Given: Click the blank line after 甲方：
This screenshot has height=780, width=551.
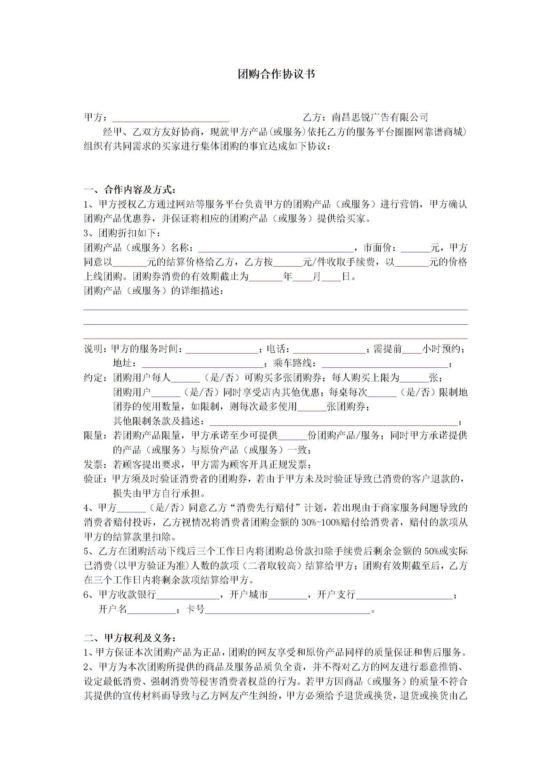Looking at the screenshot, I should click(171, 117).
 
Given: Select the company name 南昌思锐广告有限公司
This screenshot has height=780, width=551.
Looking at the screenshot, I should click(380, 117).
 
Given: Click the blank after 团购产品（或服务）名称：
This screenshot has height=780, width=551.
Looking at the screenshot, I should click(276, 248).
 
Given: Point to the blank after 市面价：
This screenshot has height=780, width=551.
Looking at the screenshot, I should click(416, 248).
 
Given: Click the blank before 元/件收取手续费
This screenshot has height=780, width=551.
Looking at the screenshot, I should click(288, 262).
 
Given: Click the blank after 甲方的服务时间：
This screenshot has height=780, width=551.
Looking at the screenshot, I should click(222, 349).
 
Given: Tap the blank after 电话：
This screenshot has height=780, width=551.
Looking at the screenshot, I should click(330, 349).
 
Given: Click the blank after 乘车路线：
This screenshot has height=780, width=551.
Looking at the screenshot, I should click(385, 364).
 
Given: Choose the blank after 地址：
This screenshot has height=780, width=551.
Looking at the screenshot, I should click(202, 364).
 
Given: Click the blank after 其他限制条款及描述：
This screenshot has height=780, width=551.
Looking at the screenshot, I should click(334, 422).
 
